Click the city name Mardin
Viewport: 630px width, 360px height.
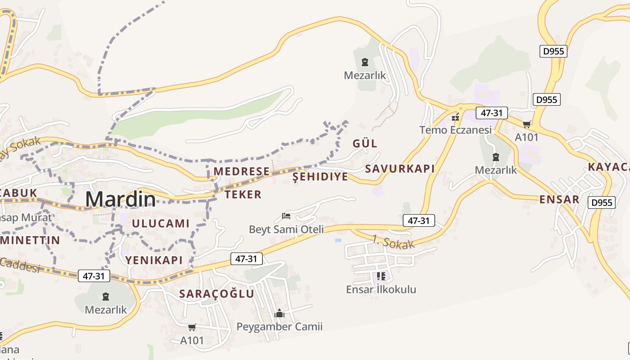click(121, 199)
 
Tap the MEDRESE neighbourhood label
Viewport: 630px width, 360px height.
click(241, 171)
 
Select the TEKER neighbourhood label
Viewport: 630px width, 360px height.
click(243, 194)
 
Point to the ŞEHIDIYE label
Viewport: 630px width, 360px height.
click(320, 177)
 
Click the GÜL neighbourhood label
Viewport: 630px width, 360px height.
click(365, 144)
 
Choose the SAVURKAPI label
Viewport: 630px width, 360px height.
click(400, 169)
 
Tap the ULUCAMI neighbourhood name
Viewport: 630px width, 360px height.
click(161, 224)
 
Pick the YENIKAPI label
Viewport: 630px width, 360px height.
click(154, 260)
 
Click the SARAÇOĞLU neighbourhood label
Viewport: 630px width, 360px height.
click(217, 294)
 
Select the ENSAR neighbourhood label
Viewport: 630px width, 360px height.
click(559, 199)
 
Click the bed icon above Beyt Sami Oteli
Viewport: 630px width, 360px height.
click(286, 216)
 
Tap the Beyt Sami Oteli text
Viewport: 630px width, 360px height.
click(286, 229)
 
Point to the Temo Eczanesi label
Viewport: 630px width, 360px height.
click(455, 130)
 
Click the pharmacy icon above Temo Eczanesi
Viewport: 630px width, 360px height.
click(456, 117)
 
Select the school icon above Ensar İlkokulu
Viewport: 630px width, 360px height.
click(381, 276)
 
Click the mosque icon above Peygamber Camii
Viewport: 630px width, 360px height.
click(279, 313)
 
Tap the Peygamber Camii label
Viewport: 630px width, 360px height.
click(279, 327)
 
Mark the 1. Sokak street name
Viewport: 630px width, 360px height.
click(393, 243)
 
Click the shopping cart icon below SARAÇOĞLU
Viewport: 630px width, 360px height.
click(192, 327)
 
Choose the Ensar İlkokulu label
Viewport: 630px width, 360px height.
click(381, 289)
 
